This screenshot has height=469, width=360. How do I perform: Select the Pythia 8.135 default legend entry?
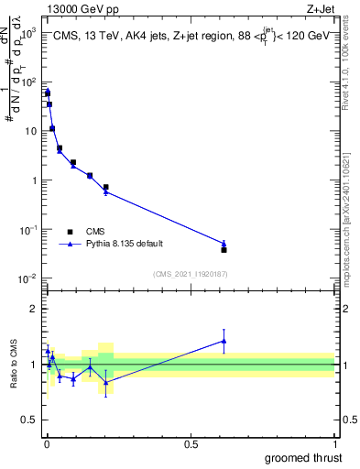114,245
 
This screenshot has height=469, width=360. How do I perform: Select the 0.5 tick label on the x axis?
191,443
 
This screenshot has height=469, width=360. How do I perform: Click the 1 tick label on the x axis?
334,443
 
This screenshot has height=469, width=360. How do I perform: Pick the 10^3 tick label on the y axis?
28,32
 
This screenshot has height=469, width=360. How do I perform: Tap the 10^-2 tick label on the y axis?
28,278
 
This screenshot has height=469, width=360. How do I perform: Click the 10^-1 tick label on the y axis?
28,229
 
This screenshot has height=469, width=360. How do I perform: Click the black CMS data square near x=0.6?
224,249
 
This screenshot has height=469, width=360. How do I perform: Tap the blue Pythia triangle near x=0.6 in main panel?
224,243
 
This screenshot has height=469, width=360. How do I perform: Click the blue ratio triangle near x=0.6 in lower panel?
224,341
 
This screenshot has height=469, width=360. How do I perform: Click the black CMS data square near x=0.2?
106,187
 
